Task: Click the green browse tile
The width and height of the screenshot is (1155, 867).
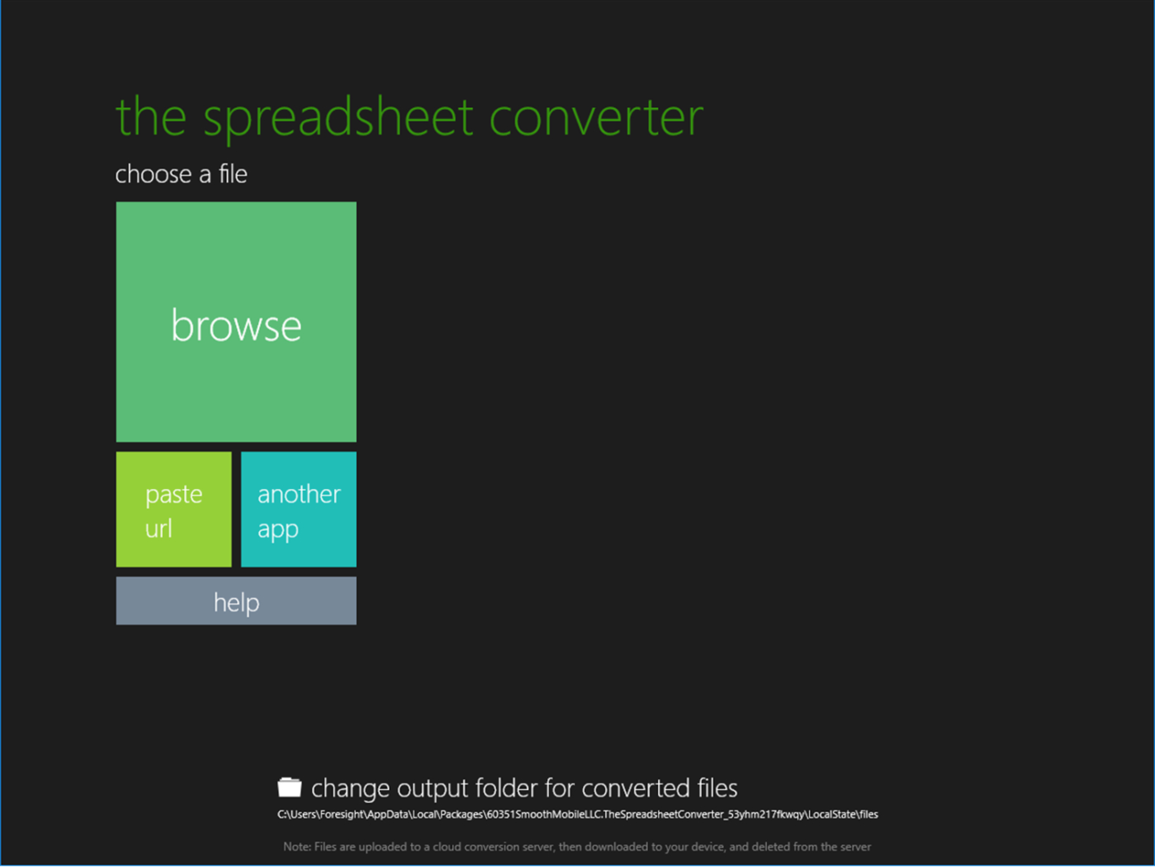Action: tap(236, 322)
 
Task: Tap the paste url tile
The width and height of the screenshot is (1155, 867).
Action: tap(173, 509)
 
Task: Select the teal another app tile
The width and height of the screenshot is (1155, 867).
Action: tap(299, 509)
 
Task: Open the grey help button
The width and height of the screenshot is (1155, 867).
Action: tap(236, 602)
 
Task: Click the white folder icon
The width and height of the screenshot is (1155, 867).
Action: tap(289, 787)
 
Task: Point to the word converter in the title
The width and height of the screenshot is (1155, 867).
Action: tap(596, 117)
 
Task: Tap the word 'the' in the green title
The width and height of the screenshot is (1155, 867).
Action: tap(150, 117)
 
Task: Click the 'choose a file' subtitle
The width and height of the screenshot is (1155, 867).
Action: tap(181, 173)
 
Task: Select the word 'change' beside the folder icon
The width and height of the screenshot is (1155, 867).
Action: tap(350, 788)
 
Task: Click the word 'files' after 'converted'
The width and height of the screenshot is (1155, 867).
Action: tap(715, 788)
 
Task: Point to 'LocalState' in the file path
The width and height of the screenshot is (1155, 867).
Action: tap(831, 814)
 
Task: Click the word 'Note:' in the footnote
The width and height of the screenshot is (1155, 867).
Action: tap(297, 846)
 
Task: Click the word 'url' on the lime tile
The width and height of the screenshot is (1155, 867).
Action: tap(158, 528)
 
